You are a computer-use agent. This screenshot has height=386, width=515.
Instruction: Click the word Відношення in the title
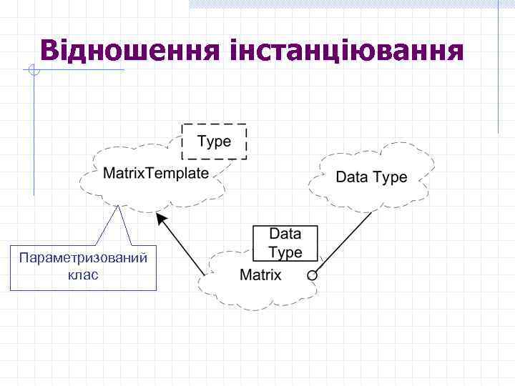click(132, 51)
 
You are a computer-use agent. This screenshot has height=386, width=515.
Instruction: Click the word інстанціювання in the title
click(348, 51)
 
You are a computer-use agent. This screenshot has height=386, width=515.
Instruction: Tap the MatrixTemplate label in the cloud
click(156, 173)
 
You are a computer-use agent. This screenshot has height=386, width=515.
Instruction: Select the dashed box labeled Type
click(214, 141)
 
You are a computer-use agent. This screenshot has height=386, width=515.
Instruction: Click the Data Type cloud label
click(371, 177)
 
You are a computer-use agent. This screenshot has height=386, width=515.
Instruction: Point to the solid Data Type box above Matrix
click(285, 243)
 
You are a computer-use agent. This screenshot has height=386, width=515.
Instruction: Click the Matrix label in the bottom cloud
click(260, 274)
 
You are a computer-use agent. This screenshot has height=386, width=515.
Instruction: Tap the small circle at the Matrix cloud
click(312, 274)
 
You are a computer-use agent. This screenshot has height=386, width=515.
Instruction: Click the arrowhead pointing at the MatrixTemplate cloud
click(161, 219)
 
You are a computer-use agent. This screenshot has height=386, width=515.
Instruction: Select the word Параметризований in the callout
click(84, 258)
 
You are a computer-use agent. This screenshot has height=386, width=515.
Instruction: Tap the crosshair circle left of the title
click(34, 69)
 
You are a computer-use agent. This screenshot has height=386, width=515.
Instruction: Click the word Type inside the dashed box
click(214, 141)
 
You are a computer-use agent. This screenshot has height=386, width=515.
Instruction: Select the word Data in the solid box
click(285, 234)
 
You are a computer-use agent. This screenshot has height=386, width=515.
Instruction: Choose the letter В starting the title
click(51, 51)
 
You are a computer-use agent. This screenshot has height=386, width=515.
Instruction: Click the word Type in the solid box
click(285, 252)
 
